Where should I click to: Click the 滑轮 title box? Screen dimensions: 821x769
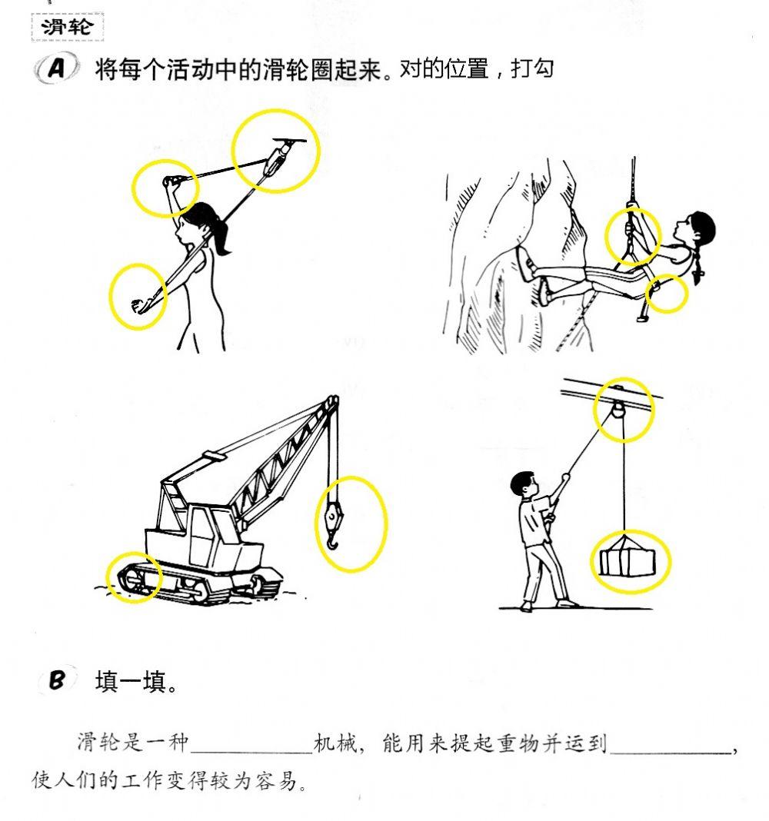point(67,28)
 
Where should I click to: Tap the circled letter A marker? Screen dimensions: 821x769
point(57,70)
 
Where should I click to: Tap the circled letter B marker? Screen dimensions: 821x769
point(58,680)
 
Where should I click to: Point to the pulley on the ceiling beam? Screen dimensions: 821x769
point(618,408)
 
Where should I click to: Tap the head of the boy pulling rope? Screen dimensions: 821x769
point(525,484)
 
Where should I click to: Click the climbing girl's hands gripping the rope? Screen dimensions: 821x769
point(631,229)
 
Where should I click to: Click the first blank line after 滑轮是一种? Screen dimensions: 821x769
point(252,743)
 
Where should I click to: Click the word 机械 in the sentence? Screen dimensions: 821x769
point(336,743)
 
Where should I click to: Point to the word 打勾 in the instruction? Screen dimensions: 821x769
point(531,69)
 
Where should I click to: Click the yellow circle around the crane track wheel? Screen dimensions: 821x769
point(135,577)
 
